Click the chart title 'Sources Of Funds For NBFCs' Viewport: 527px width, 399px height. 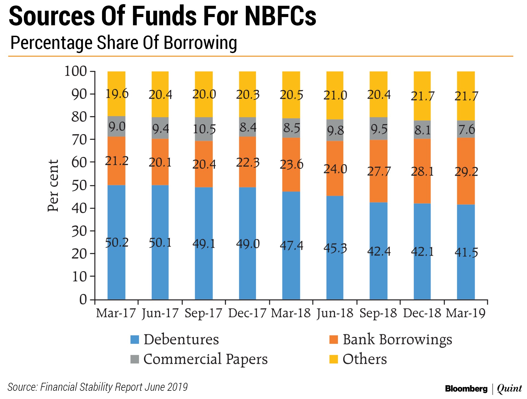[162, 16]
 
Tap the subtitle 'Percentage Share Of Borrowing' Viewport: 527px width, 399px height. [124, 43]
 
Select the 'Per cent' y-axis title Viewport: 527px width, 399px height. [53, 185]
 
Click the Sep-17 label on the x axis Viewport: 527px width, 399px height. [203, 313]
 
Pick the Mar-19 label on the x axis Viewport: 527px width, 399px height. [466, 313]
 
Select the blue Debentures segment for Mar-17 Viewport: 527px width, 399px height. [116, 264]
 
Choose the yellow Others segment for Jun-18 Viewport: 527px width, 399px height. [335, 82]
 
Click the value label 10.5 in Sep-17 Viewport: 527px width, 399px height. [204, 129]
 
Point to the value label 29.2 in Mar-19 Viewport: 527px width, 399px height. [466, 172]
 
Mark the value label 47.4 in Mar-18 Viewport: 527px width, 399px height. [291, 245]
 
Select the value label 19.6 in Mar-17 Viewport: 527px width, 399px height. [117, 94]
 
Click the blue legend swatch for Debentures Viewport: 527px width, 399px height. [134, 340]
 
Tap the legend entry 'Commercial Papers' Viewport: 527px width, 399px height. [205, 359]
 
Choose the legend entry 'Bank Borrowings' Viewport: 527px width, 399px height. [397, 340]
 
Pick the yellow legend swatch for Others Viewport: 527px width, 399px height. [333, 359]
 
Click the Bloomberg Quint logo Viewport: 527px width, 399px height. [483, 389]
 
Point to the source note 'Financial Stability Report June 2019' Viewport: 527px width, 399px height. [114, 387]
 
